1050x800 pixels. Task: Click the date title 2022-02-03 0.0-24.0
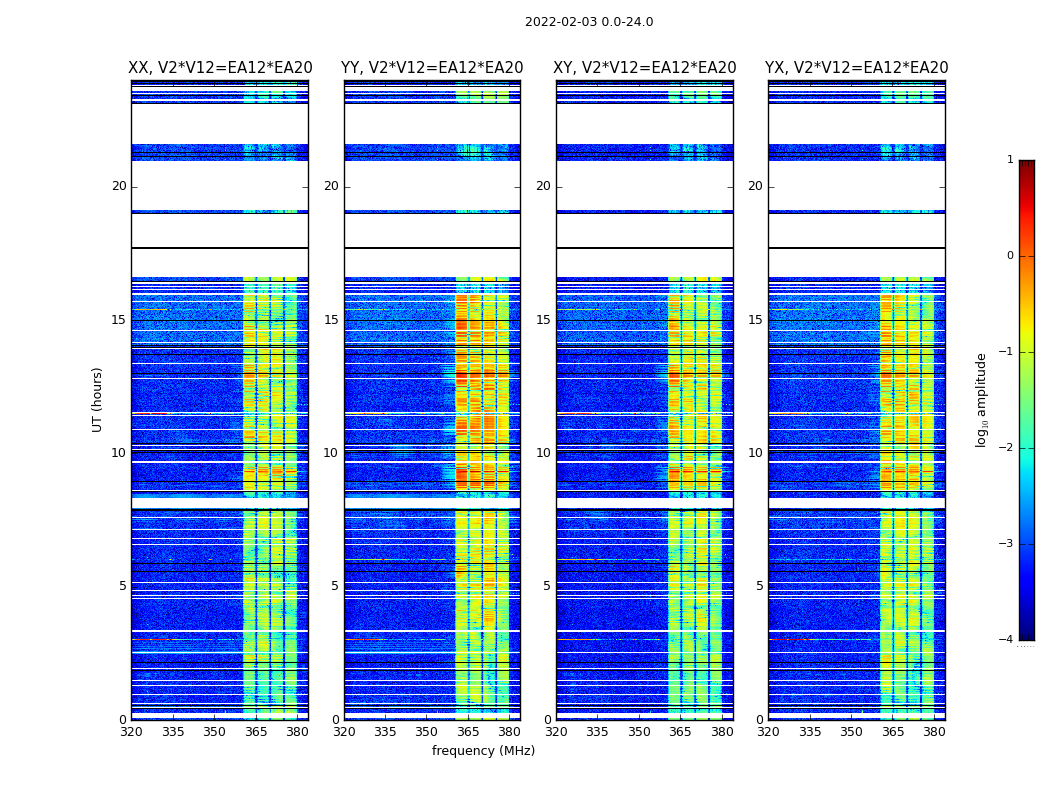[x=589, y=22]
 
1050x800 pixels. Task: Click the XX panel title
[x=220, y=68]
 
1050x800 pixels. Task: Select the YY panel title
[x=432, y=68]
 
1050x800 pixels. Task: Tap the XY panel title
[x=645, y=68]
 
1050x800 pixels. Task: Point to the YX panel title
[x=857, y=68]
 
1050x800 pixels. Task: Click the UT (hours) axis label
[x=98, y=399]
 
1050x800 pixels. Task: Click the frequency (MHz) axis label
[x=483, y=751]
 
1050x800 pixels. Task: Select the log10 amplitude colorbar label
[x=982, y=399]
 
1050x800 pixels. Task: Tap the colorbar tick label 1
[x=1009, y=160]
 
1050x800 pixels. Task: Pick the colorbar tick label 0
[x=1009, y=256]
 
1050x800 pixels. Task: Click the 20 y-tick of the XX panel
[x=119, y=186]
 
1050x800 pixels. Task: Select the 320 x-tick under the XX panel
[x=131, y=732]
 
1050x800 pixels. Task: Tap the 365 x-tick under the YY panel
[x=468, y=732]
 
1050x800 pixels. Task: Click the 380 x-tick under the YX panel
[x=934, y=732]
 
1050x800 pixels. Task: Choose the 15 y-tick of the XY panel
[x=543, y=320]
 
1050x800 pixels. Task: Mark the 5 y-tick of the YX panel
[x=759, y=586]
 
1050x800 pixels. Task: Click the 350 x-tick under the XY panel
[x=639, y=732]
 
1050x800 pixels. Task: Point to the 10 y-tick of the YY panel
[x=331, y=453]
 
